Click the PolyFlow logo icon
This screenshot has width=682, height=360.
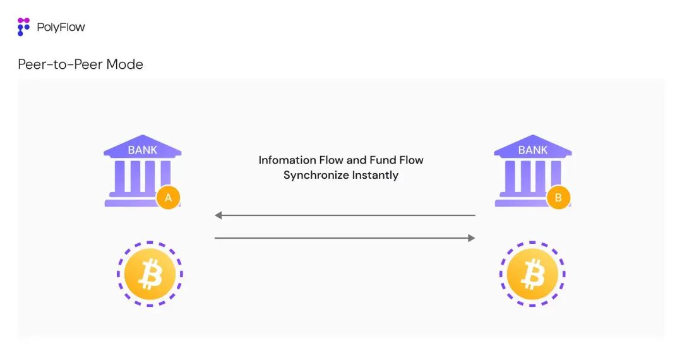[23, 27]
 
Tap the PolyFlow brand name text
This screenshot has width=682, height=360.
[61, 27]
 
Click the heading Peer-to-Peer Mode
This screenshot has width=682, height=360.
[80, 64]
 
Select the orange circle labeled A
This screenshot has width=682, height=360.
[168, 198]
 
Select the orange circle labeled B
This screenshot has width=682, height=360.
[558, 198]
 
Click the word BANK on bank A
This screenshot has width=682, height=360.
[143, 150]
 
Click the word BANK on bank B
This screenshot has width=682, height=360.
[533, 150]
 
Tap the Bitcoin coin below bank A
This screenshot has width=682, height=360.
[150, 274]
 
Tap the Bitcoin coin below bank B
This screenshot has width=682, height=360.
[532, 274]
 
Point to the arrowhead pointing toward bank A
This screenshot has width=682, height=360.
[218, 215]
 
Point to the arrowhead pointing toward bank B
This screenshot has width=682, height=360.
[471, 238]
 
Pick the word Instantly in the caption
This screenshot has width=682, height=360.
[374, 175]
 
